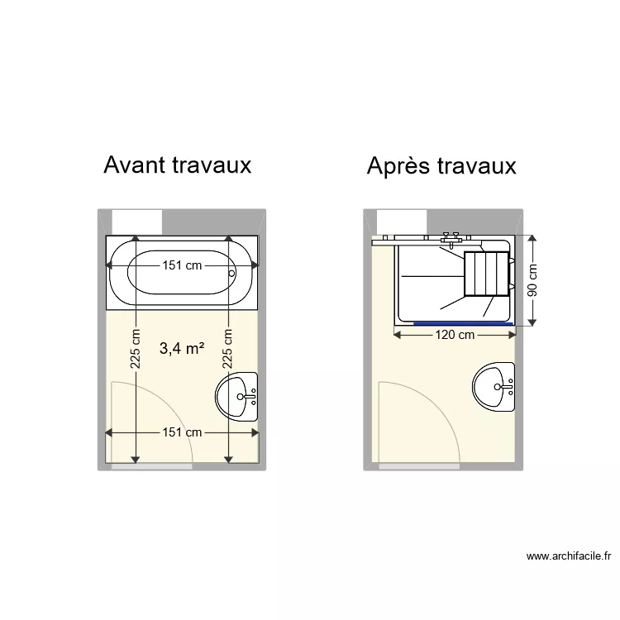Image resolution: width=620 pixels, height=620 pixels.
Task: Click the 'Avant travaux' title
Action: (x=177, y=165)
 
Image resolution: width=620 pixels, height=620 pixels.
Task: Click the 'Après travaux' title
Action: (x=441, y=166)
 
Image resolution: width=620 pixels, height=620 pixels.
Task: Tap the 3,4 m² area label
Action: (x=182, y=349)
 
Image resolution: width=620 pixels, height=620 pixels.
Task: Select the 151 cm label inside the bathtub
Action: (x=181, y=266)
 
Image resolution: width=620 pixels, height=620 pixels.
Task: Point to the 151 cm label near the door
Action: (x=181, y=432)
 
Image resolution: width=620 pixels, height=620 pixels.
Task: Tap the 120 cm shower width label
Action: (x=454, y=335)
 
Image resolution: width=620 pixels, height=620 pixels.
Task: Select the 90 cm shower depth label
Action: (x=532, y=280)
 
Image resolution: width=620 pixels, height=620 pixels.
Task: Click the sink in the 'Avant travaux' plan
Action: (x=238, y=396)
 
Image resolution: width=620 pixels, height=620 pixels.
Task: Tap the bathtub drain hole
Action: (x=232, y=272)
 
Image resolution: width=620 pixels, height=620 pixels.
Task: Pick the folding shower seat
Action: (x=486, y=274)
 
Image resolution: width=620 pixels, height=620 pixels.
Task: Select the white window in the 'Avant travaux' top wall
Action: (x=137, y=222)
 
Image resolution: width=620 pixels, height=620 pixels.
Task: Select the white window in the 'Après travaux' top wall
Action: (x=402, y=222)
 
